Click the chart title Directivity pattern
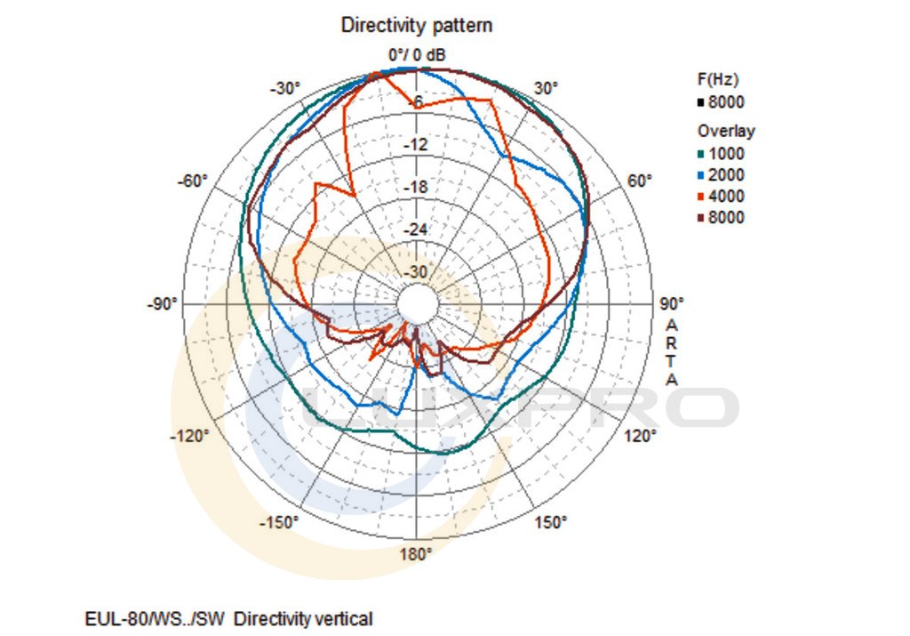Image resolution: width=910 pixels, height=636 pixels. point(417,26)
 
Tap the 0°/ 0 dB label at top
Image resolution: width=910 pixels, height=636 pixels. point(417,55)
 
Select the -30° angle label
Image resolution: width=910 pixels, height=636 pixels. point(285,88)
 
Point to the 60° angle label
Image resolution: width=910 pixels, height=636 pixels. point(640,181)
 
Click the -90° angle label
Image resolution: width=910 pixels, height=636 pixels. point(162,304)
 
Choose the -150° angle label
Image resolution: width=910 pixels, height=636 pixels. point(278,522)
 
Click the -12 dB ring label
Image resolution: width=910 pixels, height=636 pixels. point(417,145)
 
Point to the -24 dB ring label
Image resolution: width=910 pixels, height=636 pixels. point(417,230)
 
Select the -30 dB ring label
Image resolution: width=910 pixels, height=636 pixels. point(417,272)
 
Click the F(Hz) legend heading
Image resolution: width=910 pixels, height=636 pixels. point(717,79)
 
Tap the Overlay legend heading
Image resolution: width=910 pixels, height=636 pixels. point(726,131)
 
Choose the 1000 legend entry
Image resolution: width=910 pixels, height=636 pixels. point(726,154)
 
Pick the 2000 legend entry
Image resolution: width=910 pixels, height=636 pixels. point(726,175)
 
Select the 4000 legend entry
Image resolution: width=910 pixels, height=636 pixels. point(726,197)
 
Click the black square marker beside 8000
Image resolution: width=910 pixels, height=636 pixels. point(700,102)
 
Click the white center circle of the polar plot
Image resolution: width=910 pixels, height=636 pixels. point(417,303)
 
